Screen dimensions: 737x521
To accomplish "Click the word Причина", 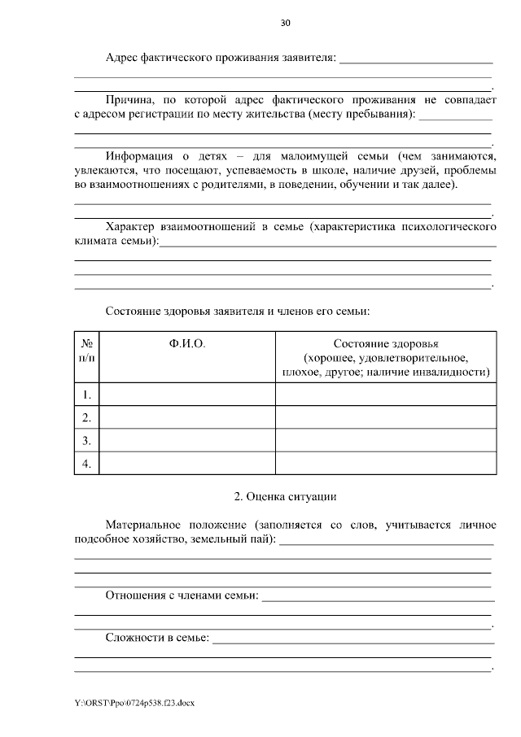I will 128,99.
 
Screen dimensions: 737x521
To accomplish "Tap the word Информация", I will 139,155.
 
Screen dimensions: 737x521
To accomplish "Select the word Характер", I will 131,226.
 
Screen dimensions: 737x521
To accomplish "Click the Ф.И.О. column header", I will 187,344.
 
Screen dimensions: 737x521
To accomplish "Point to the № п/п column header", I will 86,351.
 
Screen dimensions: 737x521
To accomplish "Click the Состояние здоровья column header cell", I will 385,358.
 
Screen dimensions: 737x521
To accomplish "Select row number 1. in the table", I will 86,395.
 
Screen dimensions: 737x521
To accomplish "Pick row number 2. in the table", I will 86,418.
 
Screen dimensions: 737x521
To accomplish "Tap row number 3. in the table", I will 86,441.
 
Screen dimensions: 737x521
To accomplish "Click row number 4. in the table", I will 86,464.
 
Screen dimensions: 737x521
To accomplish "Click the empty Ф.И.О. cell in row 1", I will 187,395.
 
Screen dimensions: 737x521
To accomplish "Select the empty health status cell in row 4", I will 385,464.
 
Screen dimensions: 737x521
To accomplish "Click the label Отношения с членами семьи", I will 182,596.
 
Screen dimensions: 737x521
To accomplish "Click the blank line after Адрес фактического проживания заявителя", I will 416,59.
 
